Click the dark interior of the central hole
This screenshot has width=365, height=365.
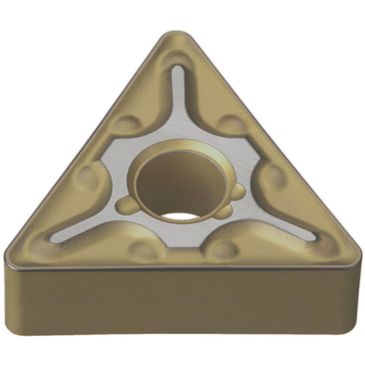(x=179, y=182)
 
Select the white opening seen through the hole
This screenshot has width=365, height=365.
(x=181, y=216)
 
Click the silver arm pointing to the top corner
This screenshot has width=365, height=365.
(x=177, y=95)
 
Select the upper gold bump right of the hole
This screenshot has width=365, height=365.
(x=237, y=191)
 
